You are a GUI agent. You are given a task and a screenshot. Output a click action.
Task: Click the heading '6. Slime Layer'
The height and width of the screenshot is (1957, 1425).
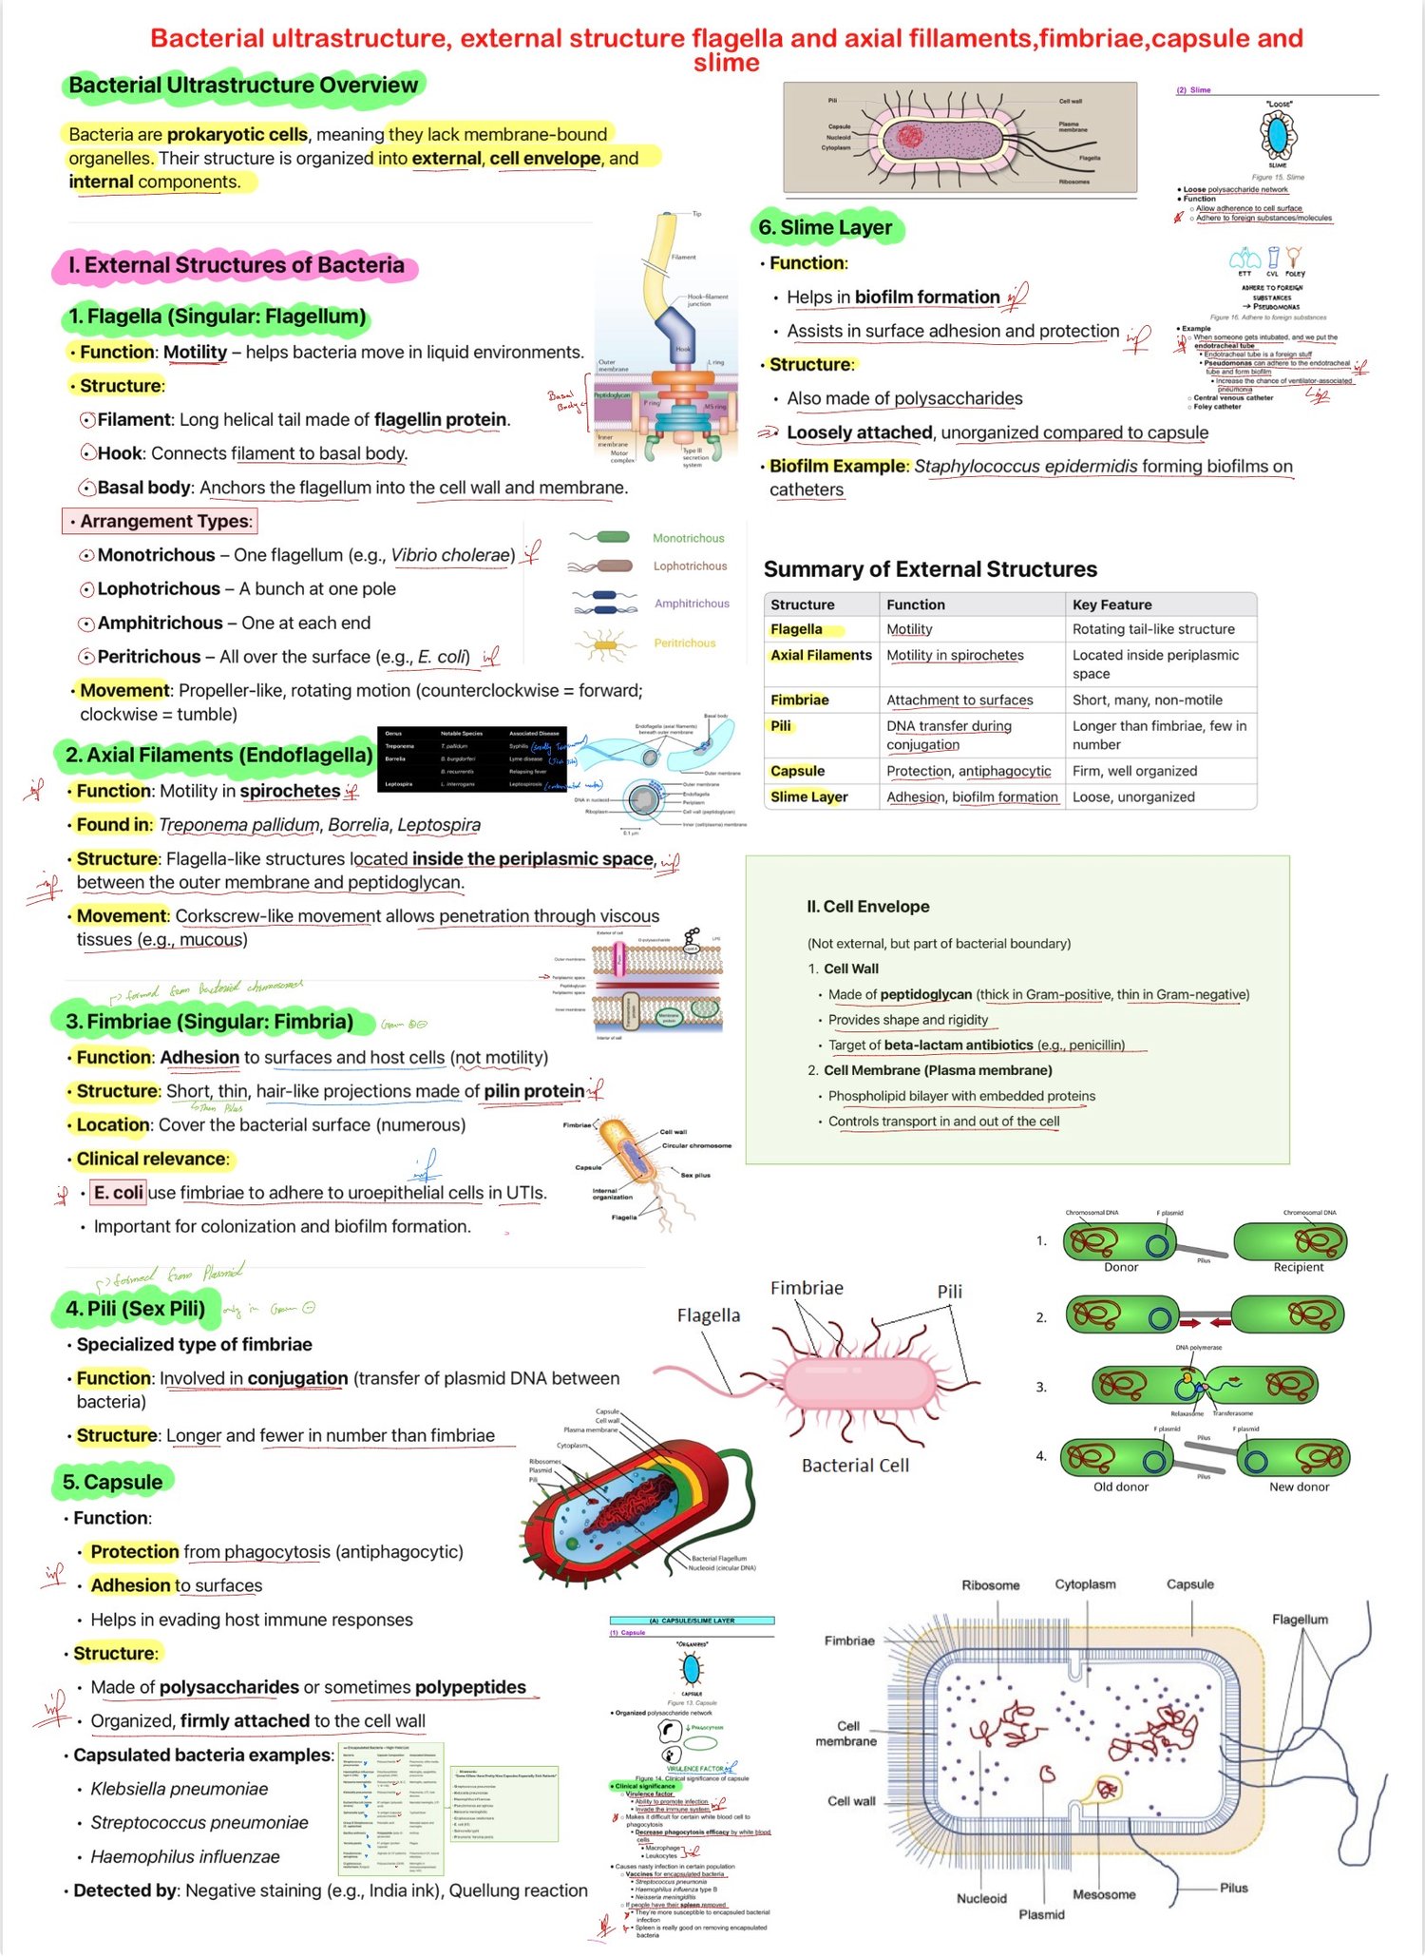tap(825, 228)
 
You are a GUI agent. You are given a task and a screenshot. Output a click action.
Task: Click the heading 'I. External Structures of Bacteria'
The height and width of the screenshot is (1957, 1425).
tap(236, 266)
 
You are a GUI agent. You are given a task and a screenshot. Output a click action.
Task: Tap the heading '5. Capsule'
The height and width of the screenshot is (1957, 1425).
tap(112, 1482)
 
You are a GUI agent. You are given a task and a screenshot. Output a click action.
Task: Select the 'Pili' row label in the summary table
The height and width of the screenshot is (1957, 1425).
tap(781, 726)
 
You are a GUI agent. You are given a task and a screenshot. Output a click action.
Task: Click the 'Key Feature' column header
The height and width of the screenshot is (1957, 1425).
tap(1111, 604)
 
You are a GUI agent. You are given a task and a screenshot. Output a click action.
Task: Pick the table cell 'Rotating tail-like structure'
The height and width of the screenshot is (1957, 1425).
tap(1153, 629)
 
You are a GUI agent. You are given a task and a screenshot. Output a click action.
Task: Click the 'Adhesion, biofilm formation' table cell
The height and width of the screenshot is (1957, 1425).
tap(972, 797)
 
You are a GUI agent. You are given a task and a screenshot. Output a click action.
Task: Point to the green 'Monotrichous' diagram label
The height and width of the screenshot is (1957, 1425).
tap(688, 539)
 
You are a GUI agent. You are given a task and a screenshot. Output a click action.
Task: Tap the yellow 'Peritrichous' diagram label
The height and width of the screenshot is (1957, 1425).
tap(684, 643)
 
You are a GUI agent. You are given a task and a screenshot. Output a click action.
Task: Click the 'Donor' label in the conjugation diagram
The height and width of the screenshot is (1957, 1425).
tap(1121, 1267)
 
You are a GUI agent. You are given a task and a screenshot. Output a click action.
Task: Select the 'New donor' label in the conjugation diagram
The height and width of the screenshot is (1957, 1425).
tap(1299, 1487)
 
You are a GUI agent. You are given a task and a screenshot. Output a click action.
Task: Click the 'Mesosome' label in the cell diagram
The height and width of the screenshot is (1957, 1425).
tap(1104, 1894)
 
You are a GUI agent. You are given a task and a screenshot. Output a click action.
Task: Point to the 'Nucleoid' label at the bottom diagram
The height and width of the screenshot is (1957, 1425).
tap(981, 1898)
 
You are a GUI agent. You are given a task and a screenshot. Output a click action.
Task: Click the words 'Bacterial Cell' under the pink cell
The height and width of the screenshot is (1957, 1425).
tap(855, 1466)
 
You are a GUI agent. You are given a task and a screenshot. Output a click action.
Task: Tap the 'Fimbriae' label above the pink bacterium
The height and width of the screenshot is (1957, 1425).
tap(807, 1288)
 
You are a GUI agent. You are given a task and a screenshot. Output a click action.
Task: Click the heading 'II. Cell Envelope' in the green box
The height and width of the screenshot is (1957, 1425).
tap(867, 907)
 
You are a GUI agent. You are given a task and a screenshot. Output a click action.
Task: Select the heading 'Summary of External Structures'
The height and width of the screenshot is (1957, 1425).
tap(930, 569)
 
